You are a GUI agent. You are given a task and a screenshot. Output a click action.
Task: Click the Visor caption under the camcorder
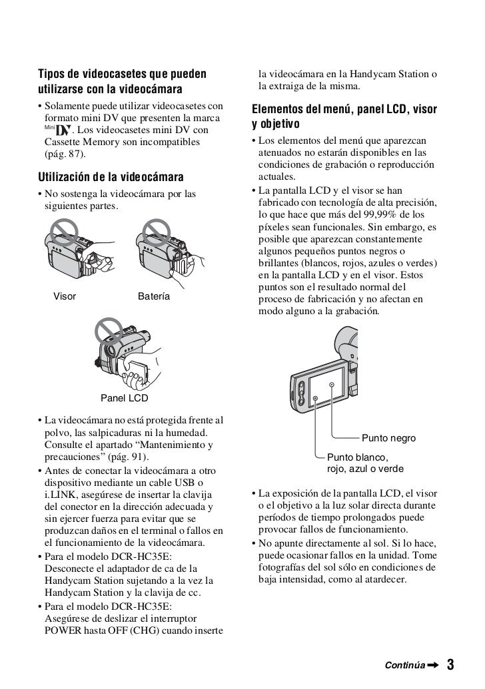(64, 296)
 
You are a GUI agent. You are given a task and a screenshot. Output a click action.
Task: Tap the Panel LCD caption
(124, 399)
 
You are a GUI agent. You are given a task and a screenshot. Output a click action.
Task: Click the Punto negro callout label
(388, 439)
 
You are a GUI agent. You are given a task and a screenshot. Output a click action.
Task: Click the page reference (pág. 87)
(65, 154)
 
